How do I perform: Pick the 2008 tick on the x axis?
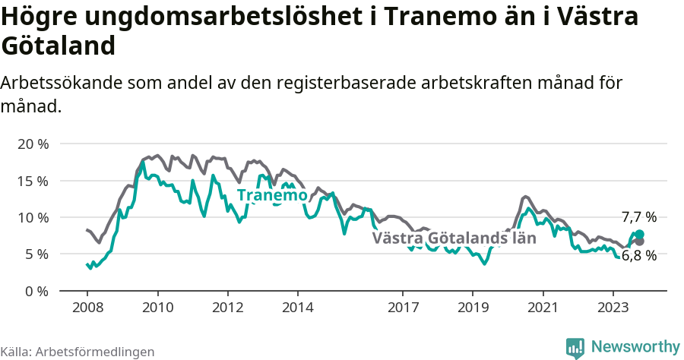click(x=87, y=308)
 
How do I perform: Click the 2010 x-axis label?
click(x=157, y=308)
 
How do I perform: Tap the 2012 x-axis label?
click(x=227, y=308)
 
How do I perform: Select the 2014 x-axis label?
click(x=297, y=308)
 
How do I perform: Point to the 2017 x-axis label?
click(x=403, y=308)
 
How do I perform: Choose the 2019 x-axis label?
click(x=473, y=308)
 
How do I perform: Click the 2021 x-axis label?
click(x=543, y=308)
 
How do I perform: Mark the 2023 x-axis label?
click(x=613, y=308)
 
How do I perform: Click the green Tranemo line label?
click(x=272, y=195)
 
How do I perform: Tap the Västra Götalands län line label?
click(x=454, y=238)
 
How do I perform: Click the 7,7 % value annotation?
click(x=638, y=216)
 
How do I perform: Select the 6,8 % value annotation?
click(x=638, y=256)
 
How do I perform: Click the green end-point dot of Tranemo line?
click(x=639, y=235)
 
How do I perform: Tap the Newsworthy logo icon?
click(x=575, y=347)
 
